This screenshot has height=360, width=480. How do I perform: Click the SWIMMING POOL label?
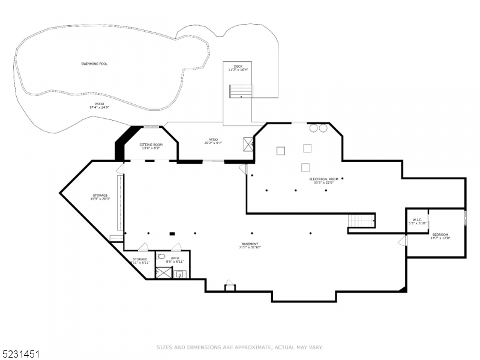(95, 64)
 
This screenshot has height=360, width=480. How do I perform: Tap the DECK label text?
(238, 66)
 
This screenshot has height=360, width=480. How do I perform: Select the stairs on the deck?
(241, 92)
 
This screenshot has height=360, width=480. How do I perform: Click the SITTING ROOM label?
(151, 145)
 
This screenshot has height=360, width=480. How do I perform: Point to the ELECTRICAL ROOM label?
(324, 179)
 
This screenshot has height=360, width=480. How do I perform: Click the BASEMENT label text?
(250, 244)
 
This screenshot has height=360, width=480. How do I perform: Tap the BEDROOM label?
(440, 235)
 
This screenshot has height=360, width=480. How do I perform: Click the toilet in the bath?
(161, 257)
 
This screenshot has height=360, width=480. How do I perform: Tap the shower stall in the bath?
(162, 273)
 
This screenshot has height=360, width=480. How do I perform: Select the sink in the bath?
(181, 275)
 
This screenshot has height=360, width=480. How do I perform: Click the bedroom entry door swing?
(402, 240)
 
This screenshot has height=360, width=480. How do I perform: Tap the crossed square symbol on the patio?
(248, 143)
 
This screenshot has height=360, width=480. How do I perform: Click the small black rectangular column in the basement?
(172, 233)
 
